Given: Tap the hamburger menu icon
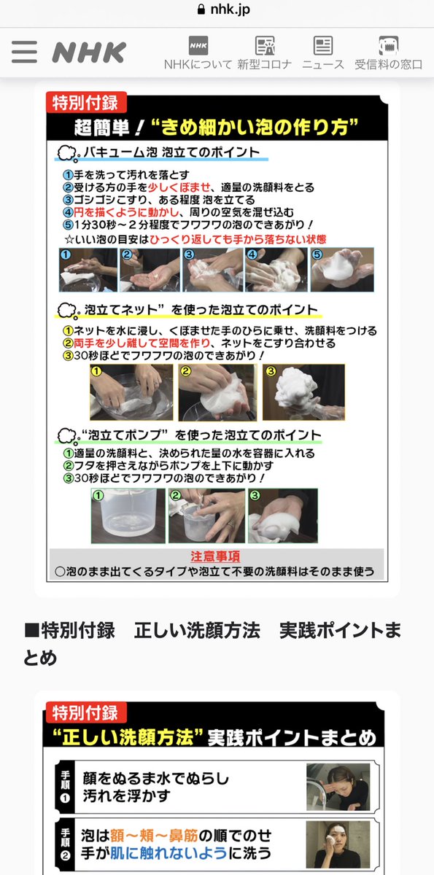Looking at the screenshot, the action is (24, 52).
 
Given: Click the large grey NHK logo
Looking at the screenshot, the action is (89, 52).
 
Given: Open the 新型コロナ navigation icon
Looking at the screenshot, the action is (265, 46).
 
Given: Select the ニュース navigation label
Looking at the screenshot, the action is (323, 64).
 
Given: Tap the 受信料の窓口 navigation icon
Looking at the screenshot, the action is (388, 46).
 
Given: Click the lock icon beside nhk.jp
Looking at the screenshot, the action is (201, 9).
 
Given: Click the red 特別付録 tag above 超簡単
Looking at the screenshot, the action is (86, 102).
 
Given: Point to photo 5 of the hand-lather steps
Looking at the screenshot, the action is (342, 270).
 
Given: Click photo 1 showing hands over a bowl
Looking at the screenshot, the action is (88, 270).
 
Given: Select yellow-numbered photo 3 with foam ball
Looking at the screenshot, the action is (303, 392).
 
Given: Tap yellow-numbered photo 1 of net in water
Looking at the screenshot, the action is (131, 392).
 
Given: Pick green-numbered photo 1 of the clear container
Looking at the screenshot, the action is (128, 516).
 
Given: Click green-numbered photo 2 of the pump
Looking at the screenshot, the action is (206, 516).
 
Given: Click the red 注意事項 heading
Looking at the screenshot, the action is (215, 556).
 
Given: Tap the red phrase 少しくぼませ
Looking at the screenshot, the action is (179, 187).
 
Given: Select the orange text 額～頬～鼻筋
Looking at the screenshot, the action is (154, 836).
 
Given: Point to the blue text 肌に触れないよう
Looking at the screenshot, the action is (168, 853).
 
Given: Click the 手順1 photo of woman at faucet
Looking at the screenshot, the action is (338, 787).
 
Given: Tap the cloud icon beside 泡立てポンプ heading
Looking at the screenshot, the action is (67, 435).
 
